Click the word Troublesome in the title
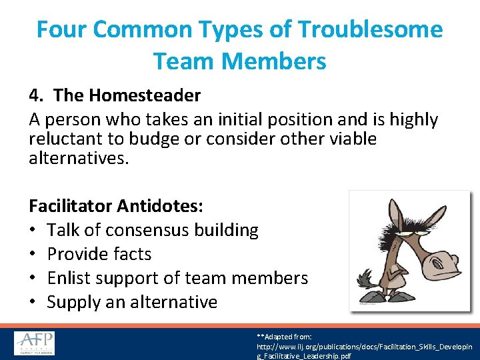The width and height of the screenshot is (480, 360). pos(371,29)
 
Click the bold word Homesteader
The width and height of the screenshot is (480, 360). pos(144,95)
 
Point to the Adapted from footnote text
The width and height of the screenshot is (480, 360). pos(288,337)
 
